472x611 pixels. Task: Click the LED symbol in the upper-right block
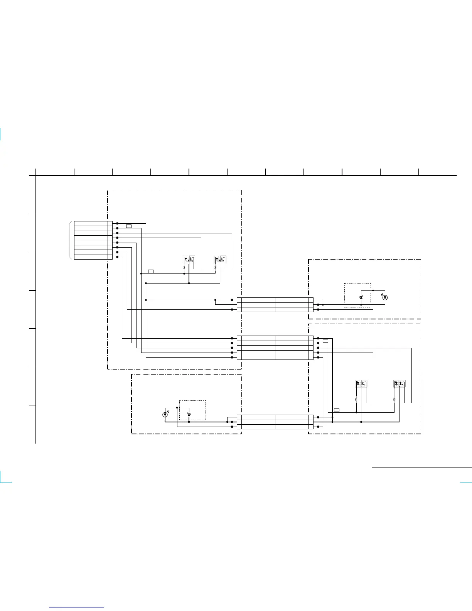click(384, 297)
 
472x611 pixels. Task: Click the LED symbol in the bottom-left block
click(165, 415)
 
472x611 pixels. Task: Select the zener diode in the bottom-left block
click(189, 415)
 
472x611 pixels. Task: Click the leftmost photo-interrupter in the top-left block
click(189, 259)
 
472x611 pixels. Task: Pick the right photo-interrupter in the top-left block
click(220, 259)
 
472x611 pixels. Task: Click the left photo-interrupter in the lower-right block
click(361, 384)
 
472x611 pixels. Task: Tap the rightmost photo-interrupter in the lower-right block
click(400, 384)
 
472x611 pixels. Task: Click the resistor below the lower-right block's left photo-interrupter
click(356, 399)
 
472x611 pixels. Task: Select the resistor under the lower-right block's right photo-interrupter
click(394, 399)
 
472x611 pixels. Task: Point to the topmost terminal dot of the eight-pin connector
click(117, 223)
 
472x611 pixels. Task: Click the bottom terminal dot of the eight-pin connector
click(117, 257)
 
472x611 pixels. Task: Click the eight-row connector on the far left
click(91, 240)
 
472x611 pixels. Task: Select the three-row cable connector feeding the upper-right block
click(275, 305)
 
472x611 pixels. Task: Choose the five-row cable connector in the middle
click(275, 348)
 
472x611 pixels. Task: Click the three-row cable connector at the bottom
click(275, 422)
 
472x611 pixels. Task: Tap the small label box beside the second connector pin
click(129, 226)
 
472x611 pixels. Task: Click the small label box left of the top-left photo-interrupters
click(151, 272)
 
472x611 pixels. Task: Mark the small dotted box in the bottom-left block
click(192, 410)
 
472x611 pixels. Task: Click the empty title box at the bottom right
click(422, 475)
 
